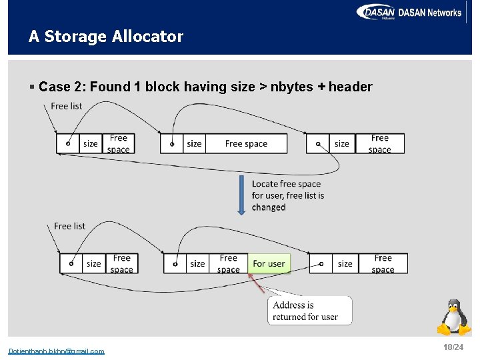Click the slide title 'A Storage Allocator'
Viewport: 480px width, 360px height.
click(105, 37)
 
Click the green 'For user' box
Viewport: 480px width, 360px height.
click(269, 264)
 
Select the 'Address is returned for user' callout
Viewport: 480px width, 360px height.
click(305, 311)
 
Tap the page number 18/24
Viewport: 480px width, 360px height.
click(453, 348)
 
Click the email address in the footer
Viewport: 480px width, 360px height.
click(56, 351)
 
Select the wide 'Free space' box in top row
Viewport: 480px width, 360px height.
click(246, 143)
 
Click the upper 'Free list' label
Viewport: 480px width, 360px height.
click(67, 106)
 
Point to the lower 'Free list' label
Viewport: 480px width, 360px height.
click(70, 226)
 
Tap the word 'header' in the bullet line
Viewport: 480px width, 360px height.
click(350, 87)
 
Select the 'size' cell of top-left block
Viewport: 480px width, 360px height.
click(90, 143)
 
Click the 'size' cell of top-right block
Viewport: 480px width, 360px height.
click(342, 143)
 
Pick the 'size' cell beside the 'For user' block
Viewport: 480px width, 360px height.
click(197, 264)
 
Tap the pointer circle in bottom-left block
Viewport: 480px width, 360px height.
click(71, 263)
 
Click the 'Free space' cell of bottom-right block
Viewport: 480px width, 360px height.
click(383, 264)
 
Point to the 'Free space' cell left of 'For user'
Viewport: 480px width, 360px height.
click(228, 264)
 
